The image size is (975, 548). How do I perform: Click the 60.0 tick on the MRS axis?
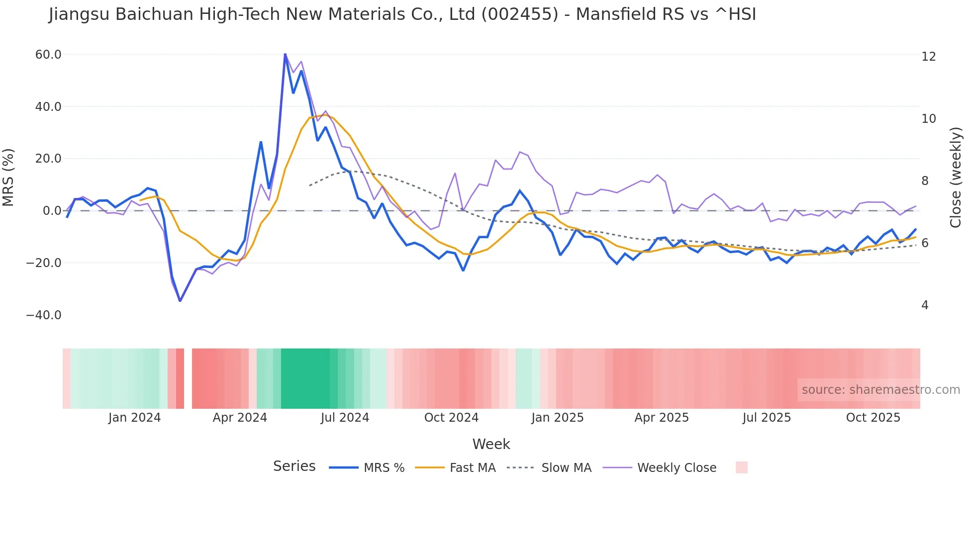coord(48,55)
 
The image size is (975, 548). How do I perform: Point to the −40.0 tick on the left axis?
coord(44,315)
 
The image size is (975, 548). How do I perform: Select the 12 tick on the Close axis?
coord(928,57)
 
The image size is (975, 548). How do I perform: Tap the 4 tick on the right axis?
coord(925,305)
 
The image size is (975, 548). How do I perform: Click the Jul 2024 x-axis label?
coord(345,418)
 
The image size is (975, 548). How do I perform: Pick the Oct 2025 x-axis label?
coord(873,418)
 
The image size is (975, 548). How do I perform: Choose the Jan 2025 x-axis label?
coord(557,418)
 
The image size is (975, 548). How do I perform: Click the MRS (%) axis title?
coord(8,177)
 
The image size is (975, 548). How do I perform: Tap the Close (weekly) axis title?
coord(956,178)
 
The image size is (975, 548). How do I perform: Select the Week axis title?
coord(491,444)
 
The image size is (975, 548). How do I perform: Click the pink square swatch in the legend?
coord(741,467)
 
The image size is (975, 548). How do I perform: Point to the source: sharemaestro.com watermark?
coord(880,390)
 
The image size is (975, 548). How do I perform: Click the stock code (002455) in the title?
coord(520,14)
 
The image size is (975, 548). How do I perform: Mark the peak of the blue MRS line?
coord(285,54)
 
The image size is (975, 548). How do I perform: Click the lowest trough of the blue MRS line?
coord(180,301)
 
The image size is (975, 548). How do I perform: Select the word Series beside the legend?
coord(294,466)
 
